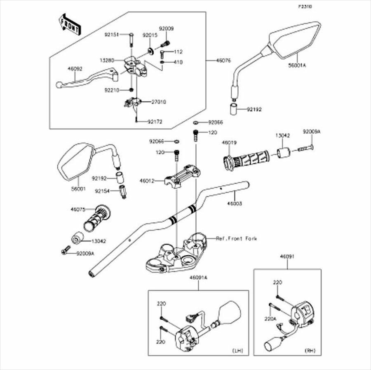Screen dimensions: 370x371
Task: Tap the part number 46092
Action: pyautogui.click(x=75, y=70)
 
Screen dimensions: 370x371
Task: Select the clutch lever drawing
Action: pyautogui.click(x=89, y=78)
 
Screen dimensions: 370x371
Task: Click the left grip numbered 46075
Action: pyautogui.click(x=97, y=217)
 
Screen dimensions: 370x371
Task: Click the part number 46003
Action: pyautogui.click(x=235, y=203)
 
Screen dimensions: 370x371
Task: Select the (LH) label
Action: pyautogui.click(x=238, y=351)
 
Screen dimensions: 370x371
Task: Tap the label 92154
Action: pyautogui.click(x=102, y=191)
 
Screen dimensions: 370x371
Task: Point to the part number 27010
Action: pyautogui.click(x=158, y=102)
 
